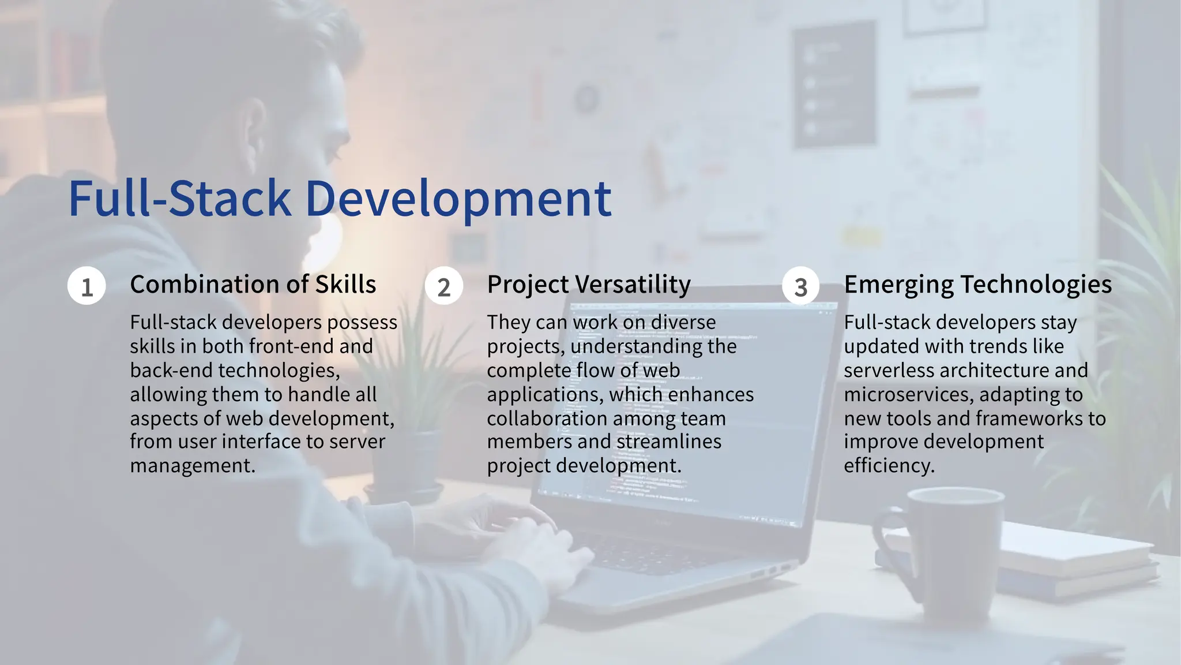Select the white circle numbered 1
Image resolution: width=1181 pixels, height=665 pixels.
coord(86,286)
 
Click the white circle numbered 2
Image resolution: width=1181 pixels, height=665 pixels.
coord(443,286)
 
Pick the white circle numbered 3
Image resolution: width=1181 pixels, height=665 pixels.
coord(800,286)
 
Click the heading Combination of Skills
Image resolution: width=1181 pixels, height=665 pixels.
coord(253,285)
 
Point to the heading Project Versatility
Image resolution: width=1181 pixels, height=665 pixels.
coord(588,285)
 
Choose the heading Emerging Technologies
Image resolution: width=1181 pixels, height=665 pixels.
coord(977,285)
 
